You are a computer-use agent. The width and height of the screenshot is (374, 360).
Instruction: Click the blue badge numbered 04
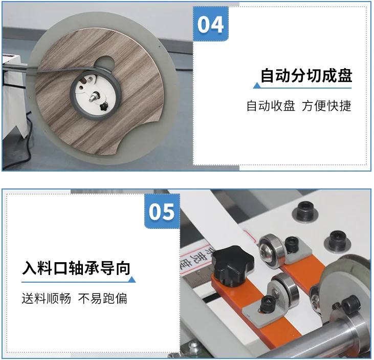coord(211,24)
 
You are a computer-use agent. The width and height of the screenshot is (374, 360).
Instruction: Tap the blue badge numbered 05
coord(162,211)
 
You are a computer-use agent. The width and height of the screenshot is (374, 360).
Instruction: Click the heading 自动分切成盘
coord(306,76)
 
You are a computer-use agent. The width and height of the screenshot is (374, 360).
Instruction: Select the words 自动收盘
coord(271,106)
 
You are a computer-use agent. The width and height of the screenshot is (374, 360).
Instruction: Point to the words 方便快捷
coord(327,106)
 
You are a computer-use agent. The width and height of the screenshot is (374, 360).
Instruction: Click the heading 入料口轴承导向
coord(77,268)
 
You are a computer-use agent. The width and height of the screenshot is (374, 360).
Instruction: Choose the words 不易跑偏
coord(103,298)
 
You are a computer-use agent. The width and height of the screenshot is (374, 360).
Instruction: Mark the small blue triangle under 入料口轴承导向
coord(132,280)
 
